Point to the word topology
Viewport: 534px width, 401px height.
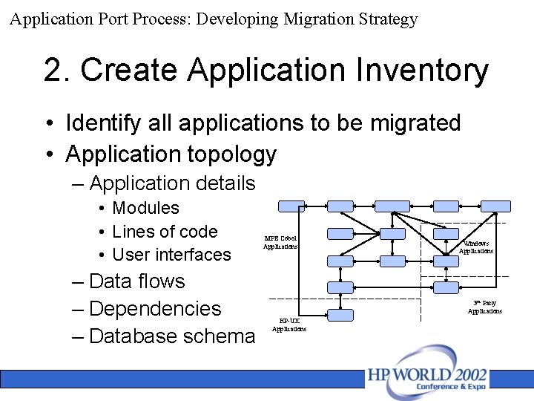click(229, 154)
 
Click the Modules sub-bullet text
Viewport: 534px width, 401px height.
click(145, 208)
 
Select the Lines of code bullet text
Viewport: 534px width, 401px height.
click(165, 232)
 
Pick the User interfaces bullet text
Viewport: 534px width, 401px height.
click(171, 255)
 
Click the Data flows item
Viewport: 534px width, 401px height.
click(136, 281)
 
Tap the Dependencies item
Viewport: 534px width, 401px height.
click(154, 309)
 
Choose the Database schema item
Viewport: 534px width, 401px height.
click(171, 336)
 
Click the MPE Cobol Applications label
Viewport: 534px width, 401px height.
click(280, 242)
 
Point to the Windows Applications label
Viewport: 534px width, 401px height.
click(475, 247)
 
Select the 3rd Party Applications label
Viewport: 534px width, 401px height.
click(484, 307)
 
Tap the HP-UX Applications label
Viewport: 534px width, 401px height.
click(289, 325)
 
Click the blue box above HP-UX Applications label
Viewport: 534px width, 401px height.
click(340, 315)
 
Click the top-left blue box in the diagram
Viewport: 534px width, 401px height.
click(291, 206)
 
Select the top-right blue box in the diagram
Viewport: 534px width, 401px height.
click(496, 206)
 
